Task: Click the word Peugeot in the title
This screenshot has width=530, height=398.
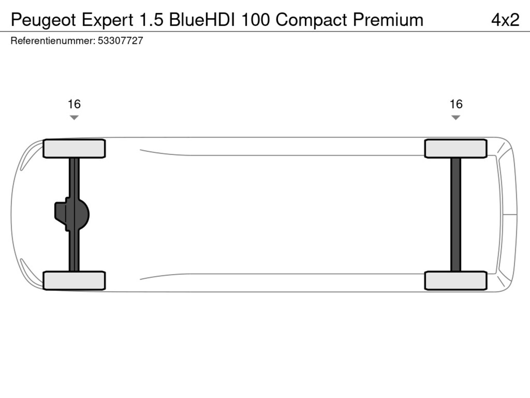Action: (43, 20)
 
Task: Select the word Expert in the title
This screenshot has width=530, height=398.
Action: (107, 20)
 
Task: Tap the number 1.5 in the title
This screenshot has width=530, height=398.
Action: (152, 19)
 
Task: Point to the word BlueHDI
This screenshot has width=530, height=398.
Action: (202, 19)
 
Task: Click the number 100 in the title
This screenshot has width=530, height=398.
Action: (255, 19)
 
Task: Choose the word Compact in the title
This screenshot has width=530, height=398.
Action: (311, 20)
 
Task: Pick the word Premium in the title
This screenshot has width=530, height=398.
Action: (388, 19)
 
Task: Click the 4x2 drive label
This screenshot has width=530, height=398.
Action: (506, 19)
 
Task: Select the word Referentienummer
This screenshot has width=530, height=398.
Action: (53, 41)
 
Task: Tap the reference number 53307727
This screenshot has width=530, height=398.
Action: (120, 41)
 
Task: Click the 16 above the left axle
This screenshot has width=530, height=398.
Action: (74, 104)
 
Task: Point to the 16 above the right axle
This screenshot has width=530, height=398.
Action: (456, 104)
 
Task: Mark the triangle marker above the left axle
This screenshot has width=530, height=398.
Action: (74, 117)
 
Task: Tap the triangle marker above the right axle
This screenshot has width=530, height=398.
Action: (455, 117)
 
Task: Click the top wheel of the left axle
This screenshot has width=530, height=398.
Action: (74, 148)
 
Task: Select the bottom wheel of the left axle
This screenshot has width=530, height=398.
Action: (74, 281)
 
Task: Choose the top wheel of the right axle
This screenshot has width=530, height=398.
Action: (455, 148)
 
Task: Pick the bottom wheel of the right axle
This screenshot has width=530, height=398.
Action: (455, 281)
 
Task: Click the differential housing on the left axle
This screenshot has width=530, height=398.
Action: (72, 214)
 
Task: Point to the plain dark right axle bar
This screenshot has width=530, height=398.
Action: (455, 215)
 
